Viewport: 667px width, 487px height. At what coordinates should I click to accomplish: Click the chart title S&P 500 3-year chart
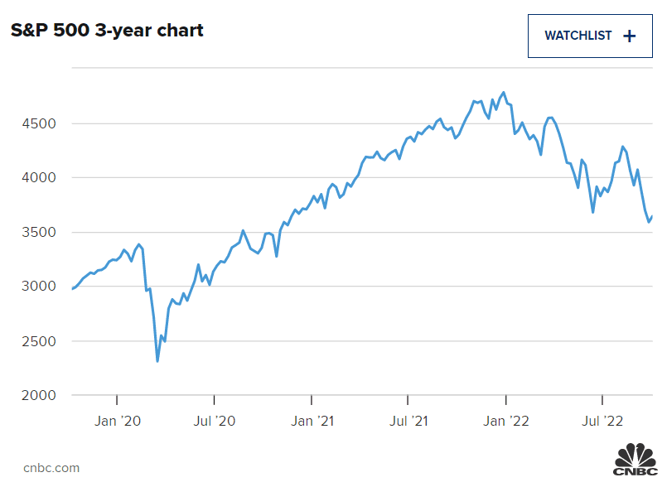tap(107, 31)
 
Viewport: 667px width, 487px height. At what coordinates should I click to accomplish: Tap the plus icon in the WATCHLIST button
tap(629, 36)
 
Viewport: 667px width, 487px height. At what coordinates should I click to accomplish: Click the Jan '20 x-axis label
tap(118, 421)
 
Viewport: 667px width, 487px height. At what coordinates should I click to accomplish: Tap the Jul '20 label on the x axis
tap(215, 421)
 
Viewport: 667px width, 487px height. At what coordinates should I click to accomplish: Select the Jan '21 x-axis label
tap(312, 421)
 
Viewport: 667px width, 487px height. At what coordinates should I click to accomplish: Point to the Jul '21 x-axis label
tap(408, 421)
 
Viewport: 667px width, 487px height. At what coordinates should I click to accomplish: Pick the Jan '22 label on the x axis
tap(505, 421)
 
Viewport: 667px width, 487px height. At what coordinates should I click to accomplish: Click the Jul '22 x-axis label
tap(602, 421)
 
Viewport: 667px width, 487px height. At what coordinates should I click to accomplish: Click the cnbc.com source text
tap(51, 468)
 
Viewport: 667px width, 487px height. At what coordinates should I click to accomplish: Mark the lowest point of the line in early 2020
tap(157, 361)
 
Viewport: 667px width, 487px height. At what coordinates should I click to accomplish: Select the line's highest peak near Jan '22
tap(504, 93)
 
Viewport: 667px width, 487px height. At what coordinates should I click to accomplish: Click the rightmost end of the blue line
tap(652, 217)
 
